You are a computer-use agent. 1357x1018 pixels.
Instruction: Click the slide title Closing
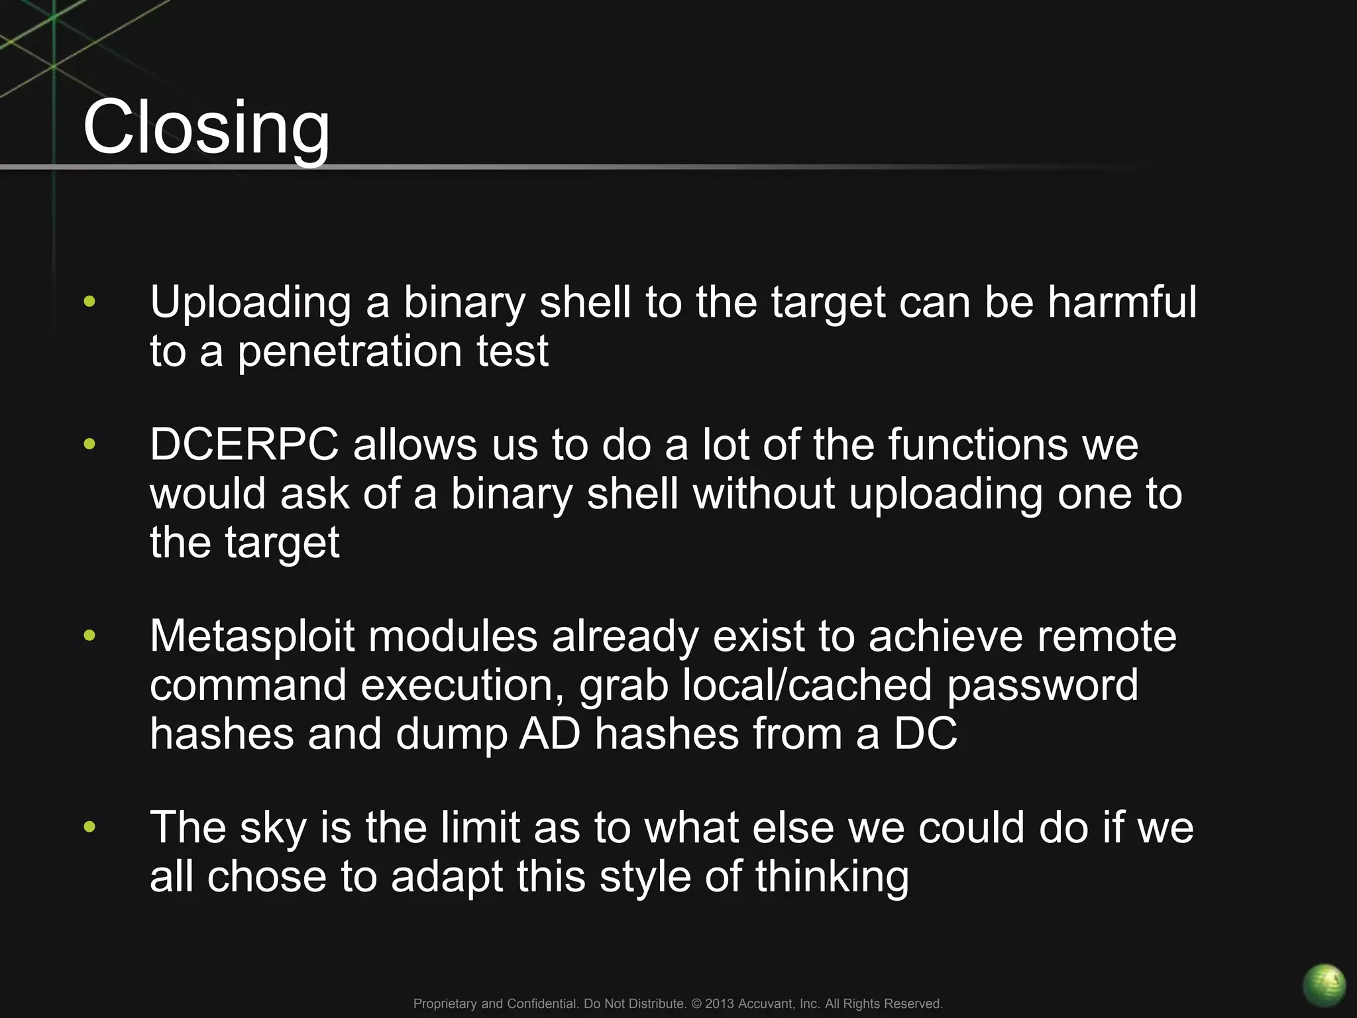[x=206, y=127]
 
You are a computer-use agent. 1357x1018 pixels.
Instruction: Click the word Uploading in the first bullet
[x=250, y=304]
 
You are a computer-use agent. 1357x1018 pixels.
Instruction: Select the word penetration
[x=350, y=352]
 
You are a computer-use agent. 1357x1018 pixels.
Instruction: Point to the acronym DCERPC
[x=244, y=444]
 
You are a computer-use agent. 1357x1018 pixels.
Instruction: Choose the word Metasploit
[x=252, y=636]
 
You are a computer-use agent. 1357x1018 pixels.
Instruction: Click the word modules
[x=453, y=636]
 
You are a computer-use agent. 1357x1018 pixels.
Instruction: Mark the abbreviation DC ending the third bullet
[x=925, y=734]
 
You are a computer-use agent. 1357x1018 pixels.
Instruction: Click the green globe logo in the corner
[x=1324, y=985]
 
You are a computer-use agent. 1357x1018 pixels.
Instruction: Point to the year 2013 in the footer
[x=720, y=1003]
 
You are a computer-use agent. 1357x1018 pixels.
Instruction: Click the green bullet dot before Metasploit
[x=89, y=636]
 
